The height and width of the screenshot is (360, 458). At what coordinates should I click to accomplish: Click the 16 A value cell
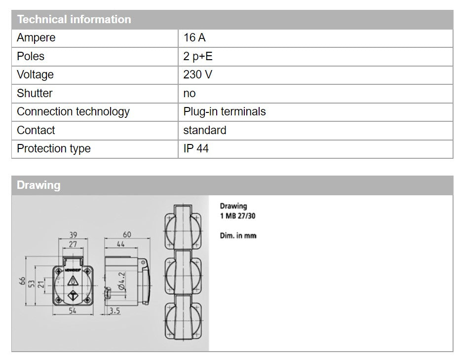point(194,38)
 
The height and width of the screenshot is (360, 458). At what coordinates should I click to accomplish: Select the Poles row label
point(31,56)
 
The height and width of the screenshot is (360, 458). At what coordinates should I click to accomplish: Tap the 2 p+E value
point(198,56)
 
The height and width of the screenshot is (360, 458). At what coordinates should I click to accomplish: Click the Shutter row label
point(35,93)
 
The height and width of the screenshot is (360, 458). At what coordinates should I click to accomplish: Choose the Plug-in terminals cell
point(225,112)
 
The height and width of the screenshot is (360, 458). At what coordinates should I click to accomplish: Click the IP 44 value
point(196,149)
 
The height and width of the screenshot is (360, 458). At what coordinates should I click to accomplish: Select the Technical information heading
point(74,20)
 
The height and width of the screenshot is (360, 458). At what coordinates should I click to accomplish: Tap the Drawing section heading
point(38,185)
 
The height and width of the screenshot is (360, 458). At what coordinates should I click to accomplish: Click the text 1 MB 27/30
point(237,216)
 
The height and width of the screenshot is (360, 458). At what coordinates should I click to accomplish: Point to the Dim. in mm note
point(238,236)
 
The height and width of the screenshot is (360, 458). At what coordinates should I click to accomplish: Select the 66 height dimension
point(22,281)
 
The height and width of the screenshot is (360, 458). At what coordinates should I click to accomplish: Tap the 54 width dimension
point(72,310)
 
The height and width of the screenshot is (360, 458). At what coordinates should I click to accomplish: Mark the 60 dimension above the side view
point(127,235)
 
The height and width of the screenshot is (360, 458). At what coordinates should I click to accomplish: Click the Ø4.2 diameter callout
point(121,284)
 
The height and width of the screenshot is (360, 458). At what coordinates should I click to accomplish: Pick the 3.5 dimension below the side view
point(115,311)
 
